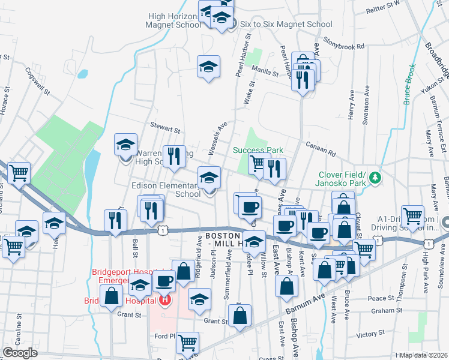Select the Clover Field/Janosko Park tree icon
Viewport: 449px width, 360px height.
click(375, 178)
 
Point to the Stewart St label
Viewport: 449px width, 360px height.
click(166, 129)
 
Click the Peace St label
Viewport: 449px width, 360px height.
click(381, 298)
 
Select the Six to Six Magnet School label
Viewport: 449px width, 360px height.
click(286, 25)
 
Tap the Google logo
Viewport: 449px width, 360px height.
click(20, 353)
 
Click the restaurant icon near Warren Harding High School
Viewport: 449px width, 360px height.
click(173, 157)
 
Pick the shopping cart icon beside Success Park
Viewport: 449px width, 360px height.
click(258, 163)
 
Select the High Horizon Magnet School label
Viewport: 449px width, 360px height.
click(174, 21)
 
